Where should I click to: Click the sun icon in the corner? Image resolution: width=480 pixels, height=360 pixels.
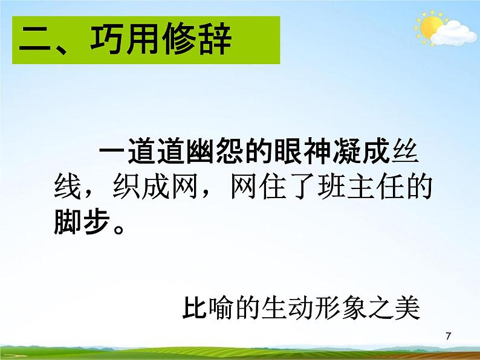coord(431,27)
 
